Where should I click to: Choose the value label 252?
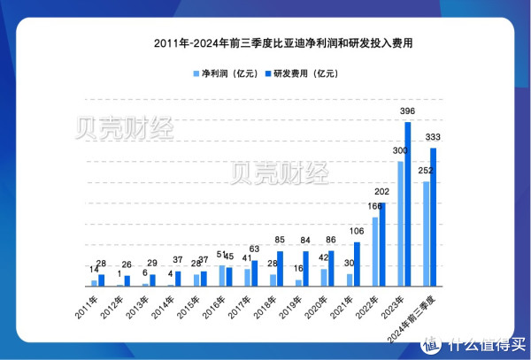click(x=424, y=172)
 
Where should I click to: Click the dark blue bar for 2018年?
click(x=280, y=268)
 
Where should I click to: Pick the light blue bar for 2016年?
click(x=221, y=275)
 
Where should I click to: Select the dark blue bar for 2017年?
click(x=254, y=272)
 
